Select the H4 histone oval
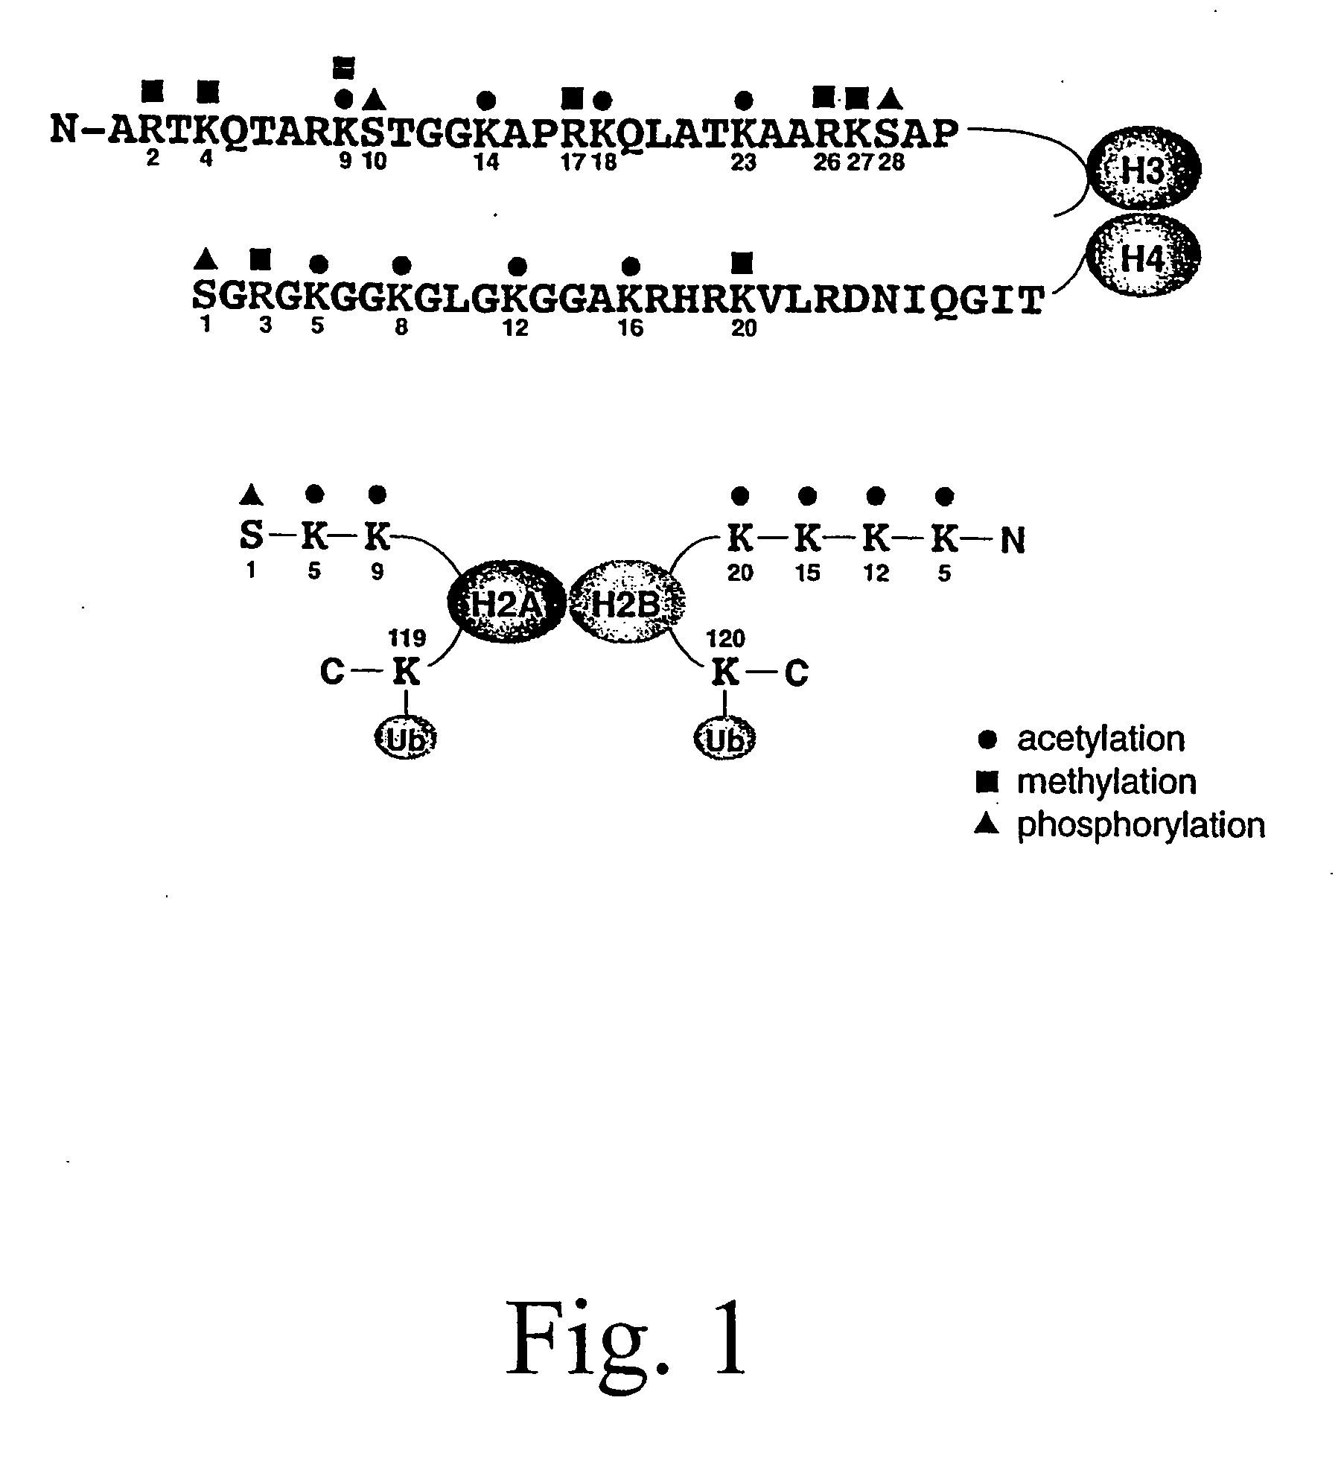point(1143,258)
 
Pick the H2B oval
point(625,603)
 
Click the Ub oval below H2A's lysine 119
point(406,739)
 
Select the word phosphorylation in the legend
point(1141,826)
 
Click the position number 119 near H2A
point(407,638)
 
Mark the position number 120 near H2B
point(725,638)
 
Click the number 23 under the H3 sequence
point(743,162)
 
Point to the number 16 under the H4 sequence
point(631,328)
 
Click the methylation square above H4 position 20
point(742,262)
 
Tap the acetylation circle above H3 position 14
point(486,98)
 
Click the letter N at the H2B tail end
point(1013,541)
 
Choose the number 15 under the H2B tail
point(807,574)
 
